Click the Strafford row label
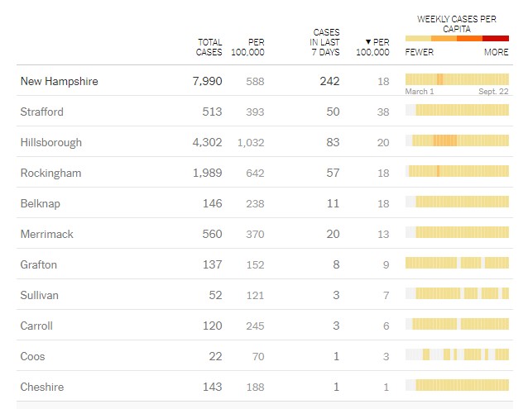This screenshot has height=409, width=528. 41,112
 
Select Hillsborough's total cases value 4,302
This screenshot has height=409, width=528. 207,142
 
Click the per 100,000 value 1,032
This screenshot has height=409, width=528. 251,143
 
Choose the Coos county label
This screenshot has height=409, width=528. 32,357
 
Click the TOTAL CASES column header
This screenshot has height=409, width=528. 209,47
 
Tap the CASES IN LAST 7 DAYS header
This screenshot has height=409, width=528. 325,42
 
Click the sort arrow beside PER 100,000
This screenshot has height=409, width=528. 367,42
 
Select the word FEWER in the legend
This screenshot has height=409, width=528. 420,52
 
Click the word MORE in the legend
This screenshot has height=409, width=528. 497,52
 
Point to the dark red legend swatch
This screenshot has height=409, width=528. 496,39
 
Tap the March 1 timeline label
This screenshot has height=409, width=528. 420,92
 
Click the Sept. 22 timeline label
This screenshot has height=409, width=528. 493,92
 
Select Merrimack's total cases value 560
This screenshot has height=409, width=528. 212,234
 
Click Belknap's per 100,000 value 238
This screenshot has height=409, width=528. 255,203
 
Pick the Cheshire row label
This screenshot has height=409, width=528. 41,388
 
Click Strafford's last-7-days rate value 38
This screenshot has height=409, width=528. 382,112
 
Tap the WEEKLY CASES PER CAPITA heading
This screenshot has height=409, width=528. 457,23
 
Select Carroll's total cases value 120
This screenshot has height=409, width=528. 212,326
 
